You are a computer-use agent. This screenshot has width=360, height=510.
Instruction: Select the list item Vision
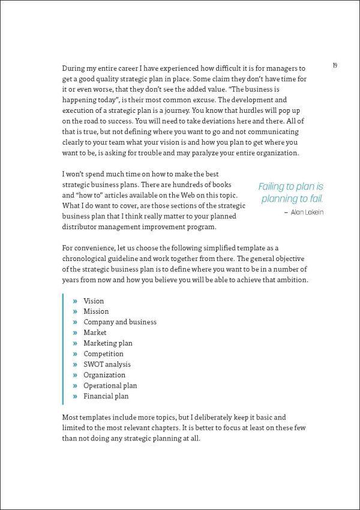click(94, 301)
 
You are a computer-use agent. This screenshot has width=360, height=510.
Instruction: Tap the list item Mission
click(96, 311)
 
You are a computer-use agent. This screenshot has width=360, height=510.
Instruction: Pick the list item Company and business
click(120, 322)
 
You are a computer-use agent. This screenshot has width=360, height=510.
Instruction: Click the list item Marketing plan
click(108, 343)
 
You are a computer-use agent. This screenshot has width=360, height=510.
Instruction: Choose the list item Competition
click(103, 354)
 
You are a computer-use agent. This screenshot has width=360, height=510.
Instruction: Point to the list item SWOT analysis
click(107, 364)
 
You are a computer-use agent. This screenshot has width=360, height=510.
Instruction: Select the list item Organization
click(104, 375)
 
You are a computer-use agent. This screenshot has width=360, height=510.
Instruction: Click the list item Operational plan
click(110, 386)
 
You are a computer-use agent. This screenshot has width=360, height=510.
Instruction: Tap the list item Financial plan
click(106, 396)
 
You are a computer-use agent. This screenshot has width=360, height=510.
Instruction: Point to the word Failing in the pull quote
click(274, 187)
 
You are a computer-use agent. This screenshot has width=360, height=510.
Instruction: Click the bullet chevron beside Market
click(75, 333)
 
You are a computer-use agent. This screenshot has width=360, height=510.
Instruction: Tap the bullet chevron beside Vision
click(75, 301)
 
